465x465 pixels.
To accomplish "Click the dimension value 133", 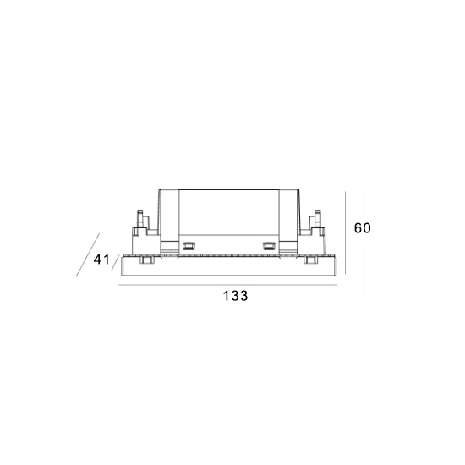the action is tap(235, 296).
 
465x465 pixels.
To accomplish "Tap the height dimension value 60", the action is tap(363, 228).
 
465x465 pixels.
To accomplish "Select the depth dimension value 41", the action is tap(101, 260).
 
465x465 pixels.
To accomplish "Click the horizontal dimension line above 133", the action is tap(227, 285).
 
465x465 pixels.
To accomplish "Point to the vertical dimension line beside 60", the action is tap(346, 232).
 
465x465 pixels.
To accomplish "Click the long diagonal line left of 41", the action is tap(88, 255).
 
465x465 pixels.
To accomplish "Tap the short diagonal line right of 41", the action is tap(116, 263).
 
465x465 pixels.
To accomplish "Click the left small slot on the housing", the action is tap(188, 245).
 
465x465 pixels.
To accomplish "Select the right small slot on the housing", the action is tap(269, 245).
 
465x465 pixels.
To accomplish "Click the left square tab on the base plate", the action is tap(145, 260).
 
